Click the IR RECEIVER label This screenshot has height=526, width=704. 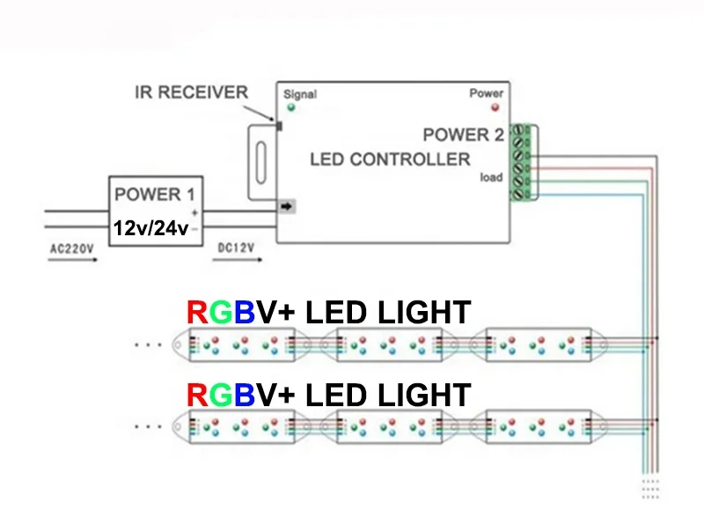pos(191,93)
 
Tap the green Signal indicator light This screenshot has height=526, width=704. pos(290,108)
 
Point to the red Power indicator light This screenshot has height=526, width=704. pos(495,107)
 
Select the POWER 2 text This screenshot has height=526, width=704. pos(463,135)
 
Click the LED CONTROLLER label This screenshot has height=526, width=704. pos(390,159)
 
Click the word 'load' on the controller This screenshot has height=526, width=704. pos(491,177)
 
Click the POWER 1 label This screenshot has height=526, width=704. pos(155,194)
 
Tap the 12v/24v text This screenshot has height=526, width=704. pos(150,228)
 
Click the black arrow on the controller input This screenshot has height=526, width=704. pos(287,207)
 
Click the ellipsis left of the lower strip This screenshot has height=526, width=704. pos(149,426)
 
